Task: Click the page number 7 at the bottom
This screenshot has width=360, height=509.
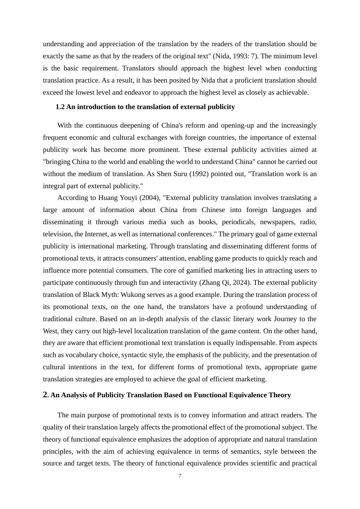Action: (180, 476)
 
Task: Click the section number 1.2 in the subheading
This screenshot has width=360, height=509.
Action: (60, 107)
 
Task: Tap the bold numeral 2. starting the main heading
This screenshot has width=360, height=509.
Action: (46, 395)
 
